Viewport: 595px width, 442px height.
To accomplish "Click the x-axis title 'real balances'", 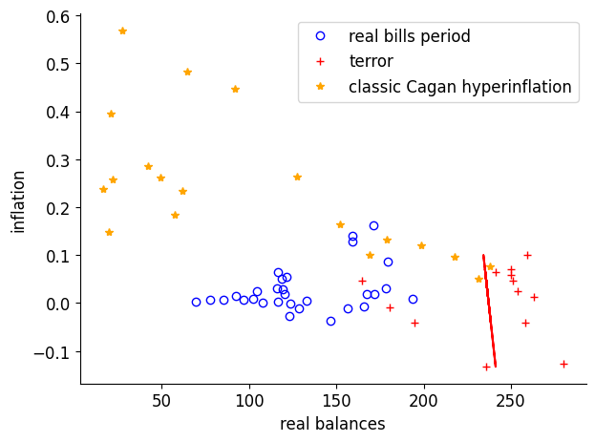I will click(x=332, y=424).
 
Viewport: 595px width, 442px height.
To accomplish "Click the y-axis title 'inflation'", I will click(x=18, y=200).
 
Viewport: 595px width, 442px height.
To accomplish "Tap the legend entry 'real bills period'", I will click(x=410, y=36).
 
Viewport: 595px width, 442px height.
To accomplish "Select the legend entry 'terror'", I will click(x=371, y=61).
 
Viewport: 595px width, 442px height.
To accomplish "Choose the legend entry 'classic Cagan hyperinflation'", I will click(x=459, y=87).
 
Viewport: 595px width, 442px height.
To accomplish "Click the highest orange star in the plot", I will click(x=122, y=31).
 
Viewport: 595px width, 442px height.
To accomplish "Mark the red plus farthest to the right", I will click(x=563, y=364).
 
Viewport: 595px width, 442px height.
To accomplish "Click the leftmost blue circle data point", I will click(x=196, y=302).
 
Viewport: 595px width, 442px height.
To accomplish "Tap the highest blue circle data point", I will click(x=373, y=226).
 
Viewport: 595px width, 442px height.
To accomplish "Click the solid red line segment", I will click(x=489, y=311).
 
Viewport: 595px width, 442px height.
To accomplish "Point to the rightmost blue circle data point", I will click(x=413, y=299).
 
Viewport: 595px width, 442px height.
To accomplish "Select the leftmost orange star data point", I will click(x=103, y=189).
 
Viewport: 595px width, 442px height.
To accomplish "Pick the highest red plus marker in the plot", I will click(x=527, y=255).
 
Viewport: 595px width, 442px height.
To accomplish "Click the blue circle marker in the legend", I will click(x=320, y=36).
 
